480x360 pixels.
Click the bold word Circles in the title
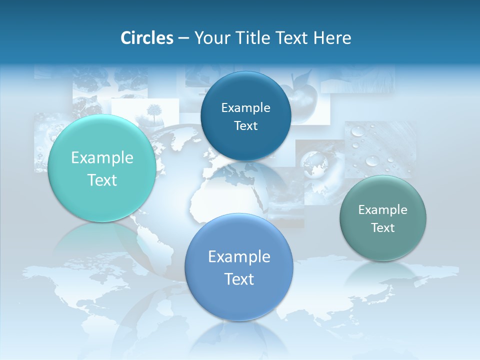146,37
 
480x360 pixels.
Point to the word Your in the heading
212,37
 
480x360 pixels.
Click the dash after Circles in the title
183,38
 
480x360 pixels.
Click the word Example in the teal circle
102,158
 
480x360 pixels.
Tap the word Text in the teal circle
102,180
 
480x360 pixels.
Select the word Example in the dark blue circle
245,107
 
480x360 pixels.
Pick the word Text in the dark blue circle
245,125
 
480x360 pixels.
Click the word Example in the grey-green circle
382,209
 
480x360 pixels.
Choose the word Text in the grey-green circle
382,227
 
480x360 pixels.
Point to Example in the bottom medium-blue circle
239,256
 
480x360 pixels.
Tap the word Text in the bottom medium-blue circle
239,278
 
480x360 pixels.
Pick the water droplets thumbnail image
372,147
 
